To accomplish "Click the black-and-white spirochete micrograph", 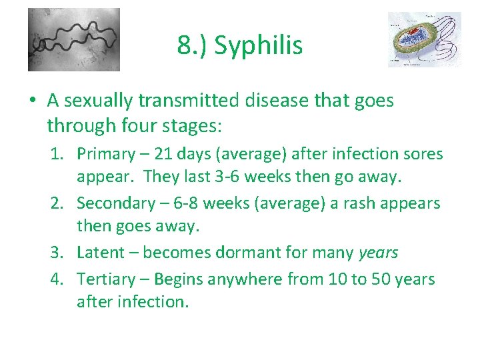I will (74, 39).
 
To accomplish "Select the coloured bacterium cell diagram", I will (424, 39).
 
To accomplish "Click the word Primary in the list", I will (106, 154).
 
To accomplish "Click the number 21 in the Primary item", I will (163, 154).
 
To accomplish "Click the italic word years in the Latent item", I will (378, 253).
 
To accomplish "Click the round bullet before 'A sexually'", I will (32, 101).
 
